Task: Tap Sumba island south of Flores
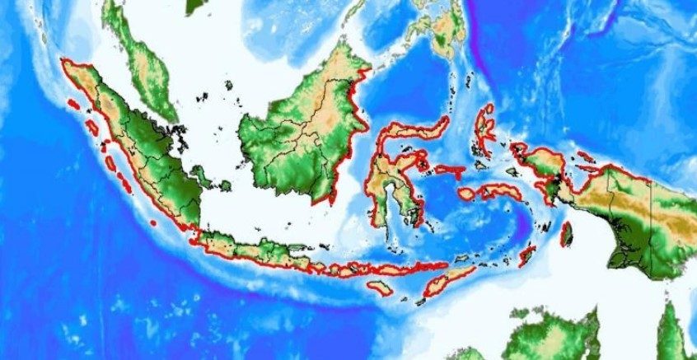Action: coord(380,288)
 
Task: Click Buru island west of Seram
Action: coord(466,194)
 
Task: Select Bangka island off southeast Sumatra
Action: coord(199,175)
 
